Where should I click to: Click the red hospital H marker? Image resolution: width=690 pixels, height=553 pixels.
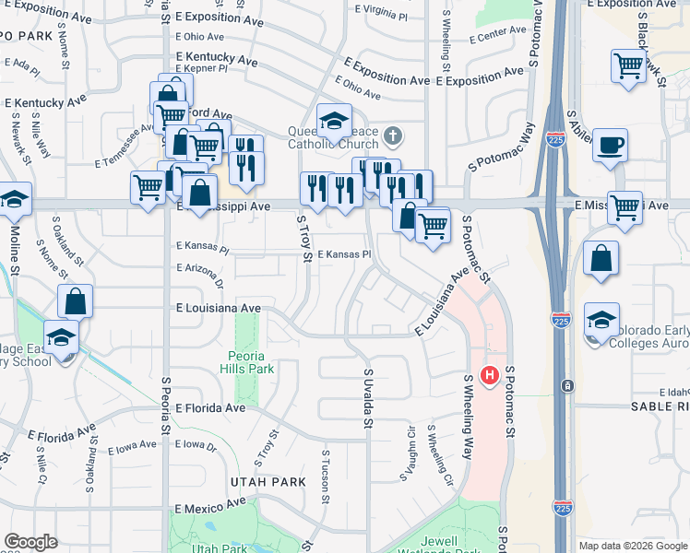point(490,376)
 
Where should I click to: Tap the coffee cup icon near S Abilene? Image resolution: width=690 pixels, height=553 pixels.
point(610,146)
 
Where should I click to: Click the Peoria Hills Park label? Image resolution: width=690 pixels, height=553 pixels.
point(247,362)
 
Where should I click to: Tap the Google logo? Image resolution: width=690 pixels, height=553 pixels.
point(30,542)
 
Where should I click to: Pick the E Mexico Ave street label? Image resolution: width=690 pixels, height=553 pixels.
point(210,506)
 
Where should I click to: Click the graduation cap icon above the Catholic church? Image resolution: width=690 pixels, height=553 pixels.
point(334,120)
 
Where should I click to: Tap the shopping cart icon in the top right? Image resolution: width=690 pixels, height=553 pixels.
point(627,65)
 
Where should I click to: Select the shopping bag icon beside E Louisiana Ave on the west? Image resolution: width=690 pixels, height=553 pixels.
point(75,300)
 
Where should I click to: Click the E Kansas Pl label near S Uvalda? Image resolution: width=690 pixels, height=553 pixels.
point(343,254)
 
